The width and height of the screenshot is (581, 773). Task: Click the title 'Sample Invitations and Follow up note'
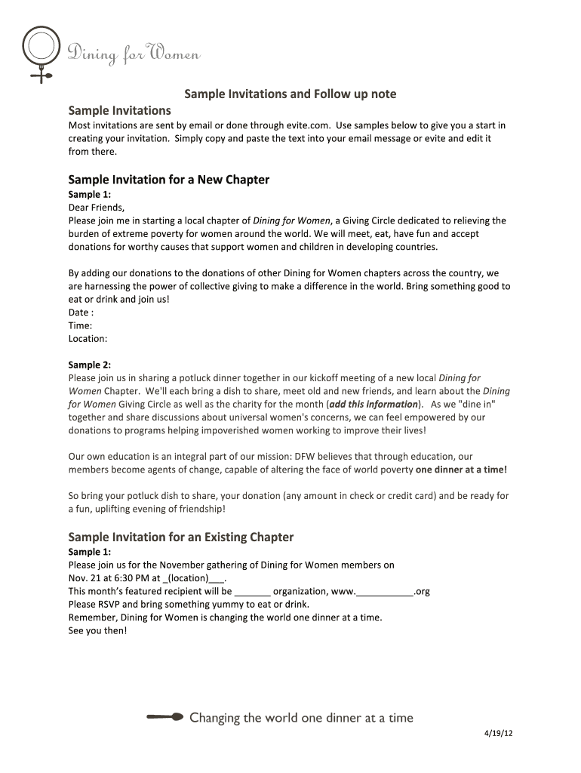290,94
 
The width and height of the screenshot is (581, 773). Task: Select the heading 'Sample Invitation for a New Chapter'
168,180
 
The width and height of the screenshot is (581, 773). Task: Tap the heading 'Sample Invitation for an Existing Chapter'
180,537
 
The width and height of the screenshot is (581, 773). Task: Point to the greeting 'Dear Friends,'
97,208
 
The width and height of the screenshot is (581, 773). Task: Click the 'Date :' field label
81,313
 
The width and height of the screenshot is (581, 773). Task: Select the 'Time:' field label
80,325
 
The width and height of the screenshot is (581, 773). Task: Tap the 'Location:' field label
88,339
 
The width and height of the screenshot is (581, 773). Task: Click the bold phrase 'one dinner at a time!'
461,470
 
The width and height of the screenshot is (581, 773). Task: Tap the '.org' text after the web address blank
422,591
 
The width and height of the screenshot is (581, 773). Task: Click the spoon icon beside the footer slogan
165,717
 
